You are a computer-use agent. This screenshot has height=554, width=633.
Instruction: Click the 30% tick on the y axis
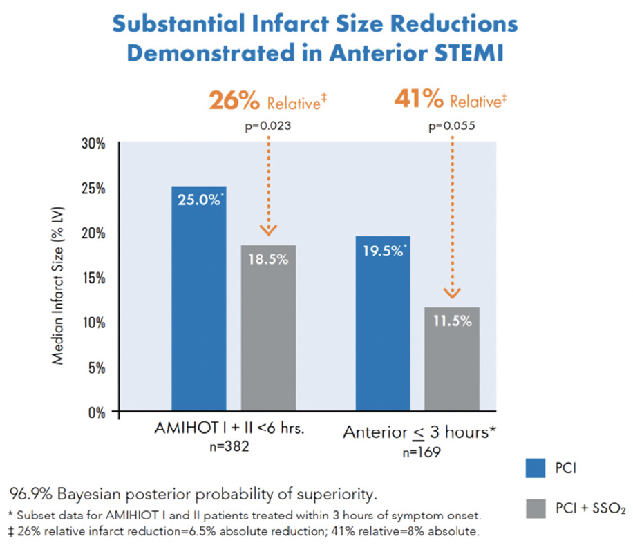[94, 144]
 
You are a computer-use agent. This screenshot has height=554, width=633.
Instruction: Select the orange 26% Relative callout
[267, 102]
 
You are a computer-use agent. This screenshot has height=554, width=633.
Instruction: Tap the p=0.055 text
[453, 126]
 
